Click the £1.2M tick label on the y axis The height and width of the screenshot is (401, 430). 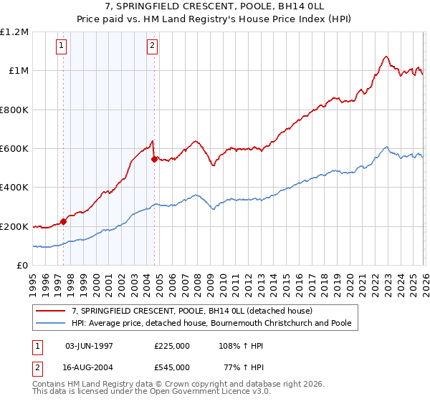[x=14, y=32]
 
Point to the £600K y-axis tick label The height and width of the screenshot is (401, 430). [x=14, y=149]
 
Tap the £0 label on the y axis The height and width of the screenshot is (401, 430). [x=23, y=266]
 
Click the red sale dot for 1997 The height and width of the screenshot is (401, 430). [x=63, y=221]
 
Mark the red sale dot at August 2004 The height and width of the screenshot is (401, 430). [x=154, y=159]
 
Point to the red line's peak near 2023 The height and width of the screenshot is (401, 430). [x=386, y=56]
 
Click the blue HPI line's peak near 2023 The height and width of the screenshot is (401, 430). [x=386, y=147]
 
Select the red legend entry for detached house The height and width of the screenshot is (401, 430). [x=192, y=311]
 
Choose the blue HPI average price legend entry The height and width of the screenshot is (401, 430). [x=211, y=323]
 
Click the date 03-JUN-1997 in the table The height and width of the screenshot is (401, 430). [x=89, y=345]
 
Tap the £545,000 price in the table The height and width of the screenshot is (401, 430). [x=172, y=367]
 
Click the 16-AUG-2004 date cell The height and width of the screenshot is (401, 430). [x=89, y=367]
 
